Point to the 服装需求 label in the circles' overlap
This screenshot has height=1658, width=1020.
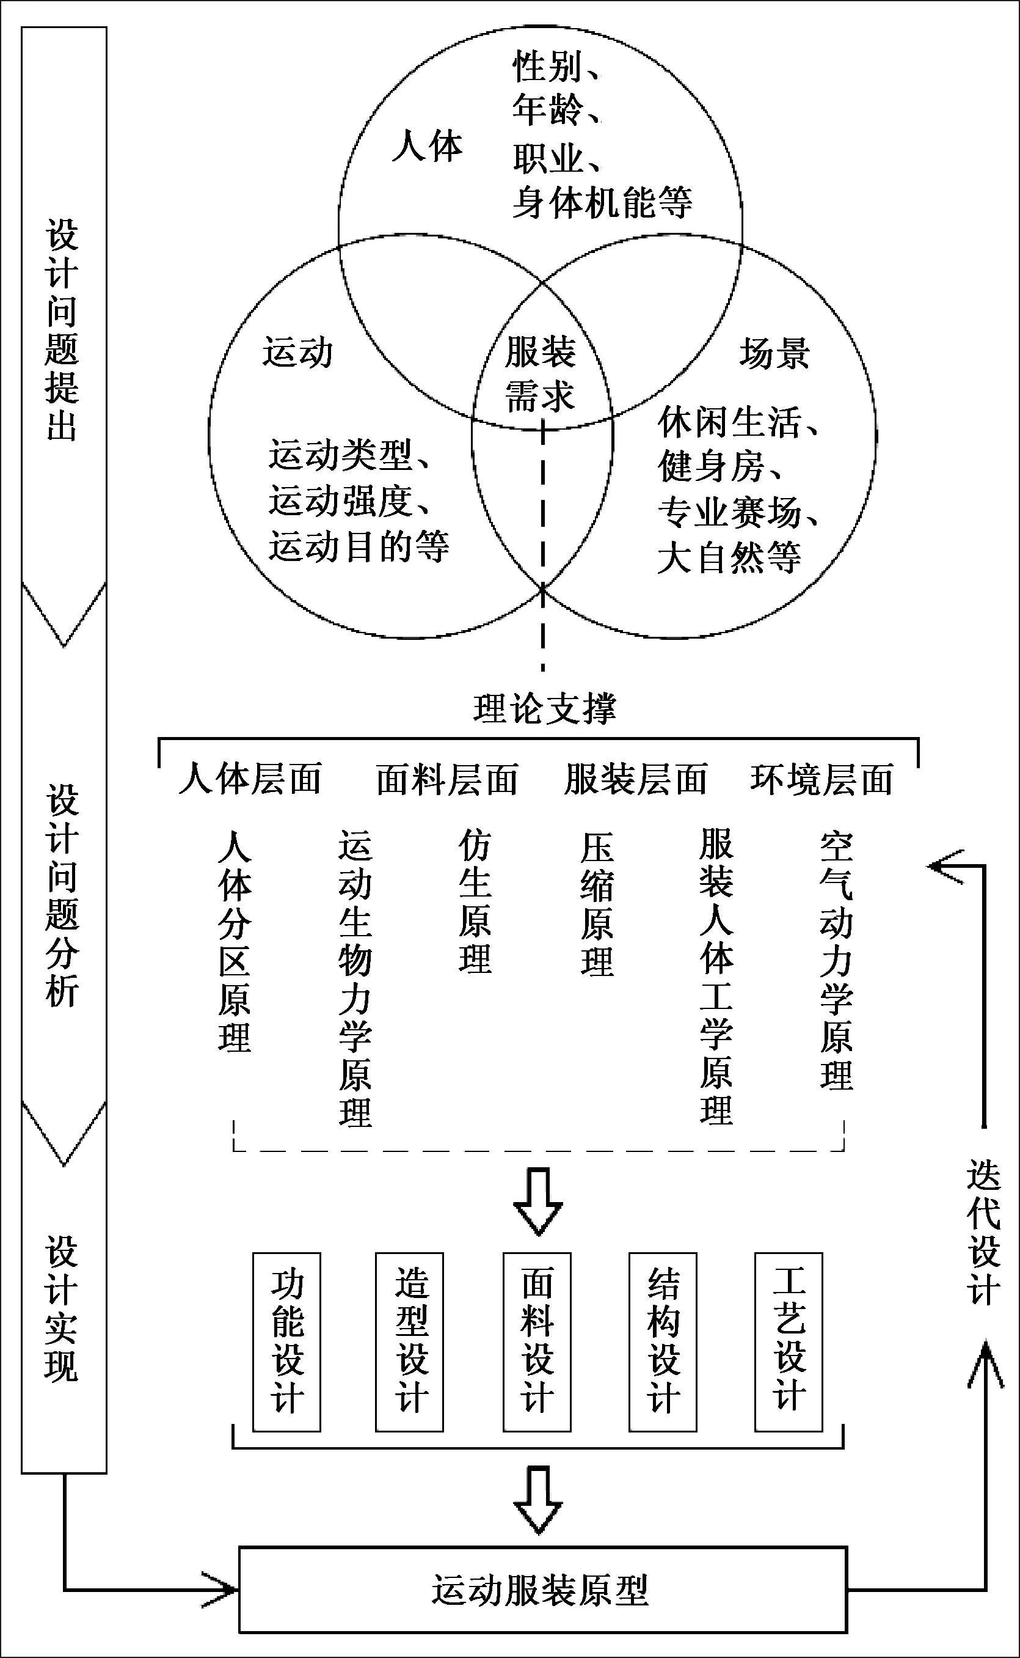click(541, 373)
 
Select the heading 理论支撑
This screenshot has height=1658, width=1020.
click(544, 708)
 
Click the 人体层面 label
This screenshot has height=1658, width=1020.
click(250, 779)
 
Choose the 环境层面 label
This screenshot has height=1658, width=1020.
click(821, 779)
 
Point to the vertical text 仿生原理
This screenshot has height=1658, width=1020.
click(475, 901)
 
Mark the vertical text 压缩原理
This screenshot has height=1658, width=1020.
click(597, 904)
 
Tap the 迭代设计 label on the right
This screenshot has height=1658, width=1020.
click(983, 1232)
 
